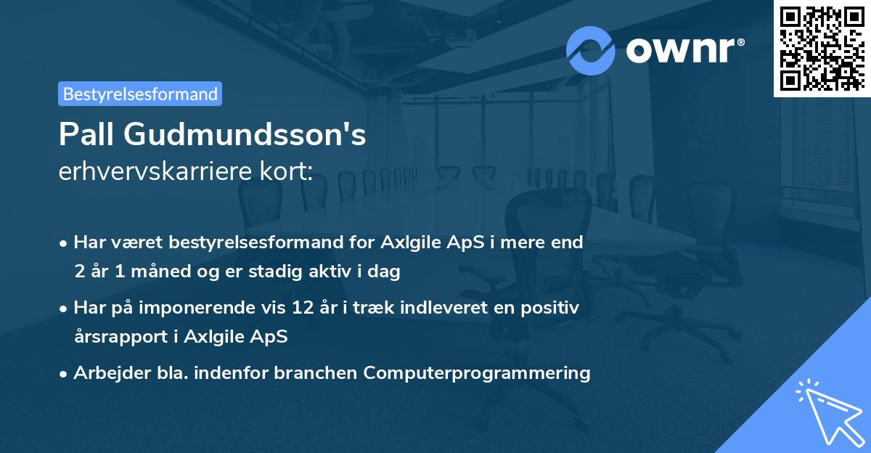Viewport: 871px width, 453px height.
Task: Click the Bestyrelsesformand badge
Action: pyautogui.click(x=140, y=94)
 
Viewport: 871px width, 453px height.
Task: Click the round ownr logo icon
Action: pyautogui.click(x=591, y=50)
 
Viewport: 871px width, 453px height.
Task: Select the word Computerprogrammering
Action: pyautogui.click(x=477, y=373)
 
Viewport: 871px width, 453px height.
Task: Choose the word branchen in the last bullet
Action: pyautogui.click(x=322, y=373)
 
